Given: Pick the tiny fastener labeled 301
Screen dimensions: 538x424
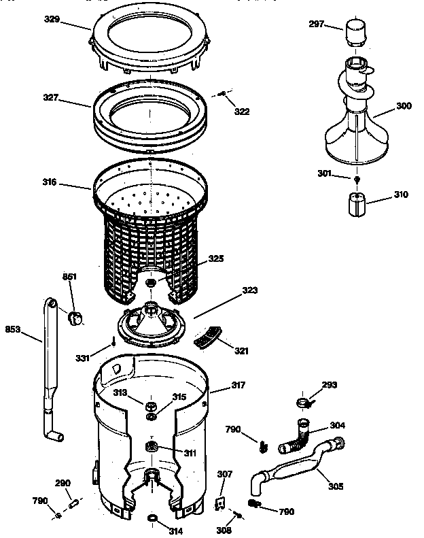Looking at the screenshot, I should tap(357, 178).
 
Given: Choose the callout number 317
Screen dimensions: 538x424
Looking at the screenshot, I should tap(238, 385).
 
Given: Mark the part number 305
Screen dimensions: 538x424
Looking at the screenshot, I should tap(335, 486).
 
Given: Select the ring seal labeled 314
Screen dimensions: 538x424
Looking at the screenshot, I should tap(154, 520).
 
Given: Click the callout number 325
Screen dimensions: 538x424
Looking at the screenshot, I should tap(216, 258).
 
